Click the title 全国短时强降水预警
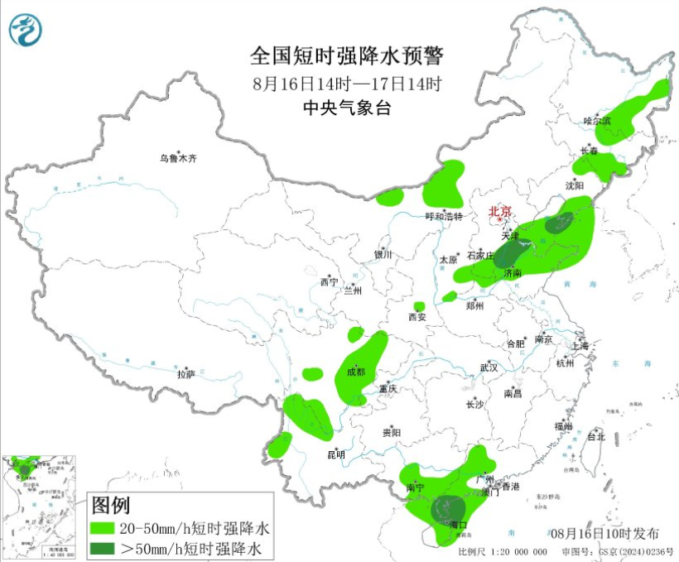click(347, 56)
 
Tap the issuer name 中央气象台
click(347, 108)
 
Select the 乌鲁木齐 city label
click(180, 158)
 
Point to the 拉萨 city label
click(185, 373)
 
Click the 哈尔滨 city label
click(596, 121)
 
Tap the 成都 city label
click(355, 372)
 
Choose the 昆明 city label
click(335, 454)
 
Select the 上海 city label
click(579, 345)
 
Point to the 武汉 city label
click(489, 367)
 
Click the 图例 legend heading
click(110, 504)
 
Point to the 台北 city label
click(595, 436)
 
